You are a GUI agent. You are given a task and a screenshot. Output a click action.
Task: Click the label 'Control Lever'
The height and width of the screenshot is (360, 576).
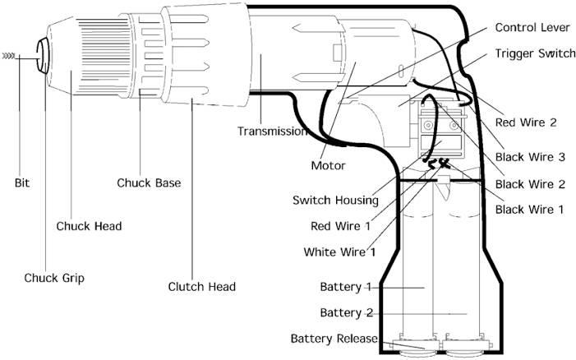(532, 28)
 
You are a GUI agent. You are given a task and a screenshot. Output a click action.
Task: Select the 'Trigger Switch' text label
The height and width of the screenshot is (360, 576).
(535, 53)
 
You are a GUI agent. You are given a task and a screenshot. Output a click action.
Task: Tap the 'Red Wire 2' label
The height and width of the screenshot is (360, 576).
(526, 122)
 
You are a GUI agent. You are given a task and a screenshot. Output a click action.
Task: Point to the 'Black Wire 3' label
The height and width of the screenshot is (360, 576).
(530, 157)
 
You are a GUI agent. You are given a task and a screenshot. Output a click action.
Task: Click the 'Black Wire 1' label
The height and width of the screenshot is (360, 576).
(529, 210)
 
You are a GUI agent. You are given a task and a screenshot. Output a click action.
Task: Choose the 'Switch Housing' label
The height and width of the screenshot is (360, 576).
(335, 201)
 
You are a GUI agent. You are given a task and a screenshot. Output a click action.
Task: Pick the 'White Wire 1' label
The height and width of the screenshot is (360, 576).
(339, 252)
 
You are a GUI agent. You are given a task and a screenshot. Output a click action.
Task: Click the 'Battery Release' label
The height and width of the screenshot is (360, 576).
(334, 339)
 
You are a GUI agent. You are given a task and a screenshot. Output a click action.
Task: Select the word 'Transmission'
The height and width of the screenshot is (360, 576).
(271, 132)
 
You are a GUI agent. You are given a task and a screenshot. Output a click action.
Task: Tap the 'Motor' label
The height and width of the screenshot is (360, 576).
(328, 166)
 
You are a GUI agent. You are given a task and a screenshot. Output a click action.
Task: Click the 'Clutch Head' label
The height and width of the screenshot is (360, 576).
(201, 287)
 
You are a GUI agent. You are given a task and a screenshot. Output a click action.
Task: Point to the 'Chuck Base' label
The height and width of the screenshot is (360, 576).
(149, 183)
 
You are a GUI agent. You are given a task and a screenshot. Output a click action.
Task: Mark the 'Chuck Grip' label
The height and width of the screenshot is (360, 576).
(54, 278)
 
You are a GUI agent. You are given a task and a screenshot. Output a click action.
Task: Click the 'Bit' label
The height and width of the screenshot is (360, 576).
(22, 183)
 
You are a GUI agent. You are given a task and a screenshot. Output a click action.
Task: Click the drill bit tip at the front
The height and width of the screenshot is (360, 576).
(3, 56)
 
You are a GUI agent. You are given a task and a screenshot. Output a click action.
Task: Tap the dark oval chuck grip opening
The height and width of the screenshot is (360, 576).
(43, 56)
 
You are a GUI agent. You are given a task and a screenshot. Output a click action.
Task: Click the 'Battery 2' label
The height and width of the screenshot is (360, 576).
(347, 313)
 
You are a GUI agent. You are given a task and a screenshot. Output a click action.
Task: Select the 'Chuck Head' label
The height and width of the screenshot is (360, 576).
(89, 226)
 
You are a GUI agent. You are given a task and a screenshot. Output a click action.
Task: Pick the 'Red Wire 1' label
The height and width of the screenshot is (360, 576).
(340, 226)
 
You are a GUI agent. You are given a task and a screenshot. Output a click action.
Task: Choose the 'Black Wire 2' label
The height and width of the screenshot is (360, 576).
(530, 184)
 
